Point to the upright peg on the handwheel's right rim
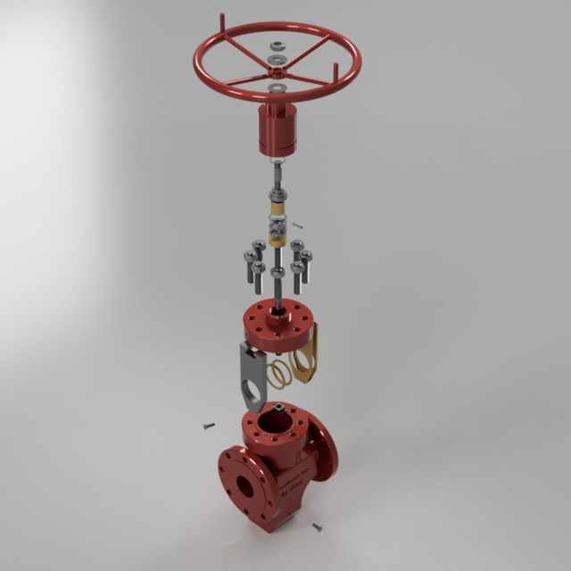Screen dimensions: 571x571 click(335, 71)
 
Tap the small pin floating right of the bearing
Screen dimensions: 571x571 click(298, 227)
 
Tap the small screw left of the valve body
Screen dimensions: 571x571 click(210, 426)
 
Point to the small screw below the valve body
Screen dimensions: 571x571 click(316, 527)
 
